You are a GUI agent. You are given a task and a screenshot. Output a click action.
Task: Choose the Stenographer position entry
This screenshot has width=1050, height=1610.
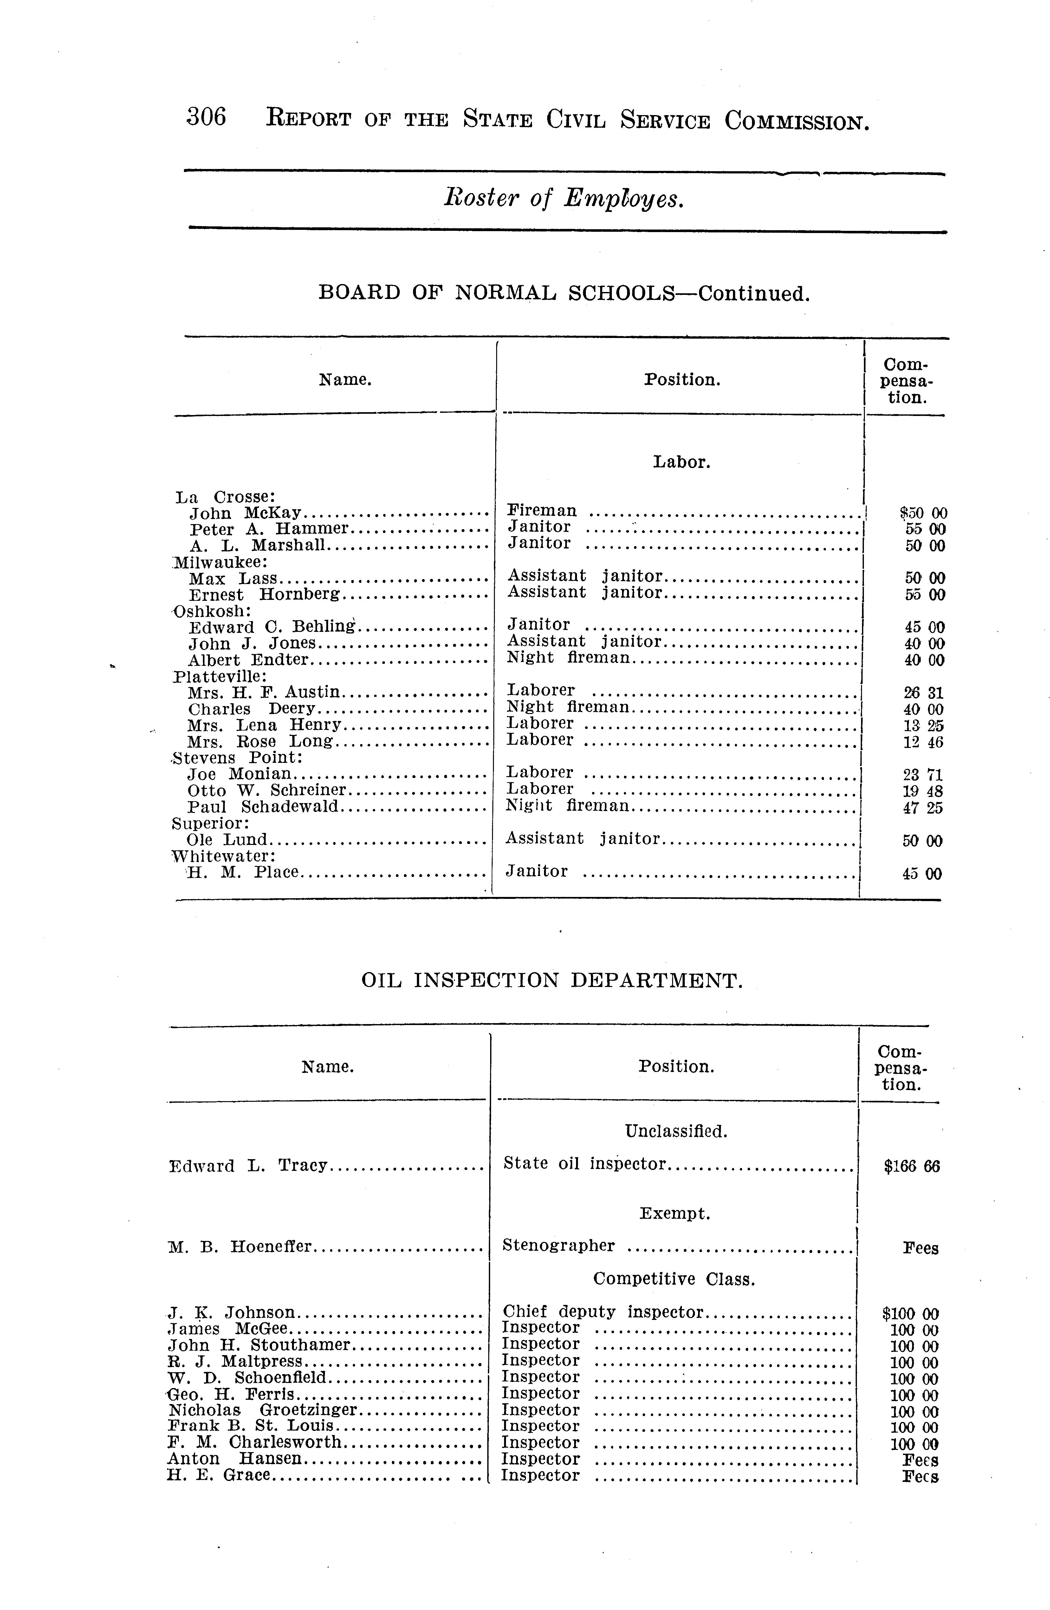pos(559,1245)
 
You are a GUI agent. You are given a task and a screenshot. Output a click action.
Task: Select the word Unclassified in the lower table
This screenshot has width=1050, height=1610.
pos(676,1131)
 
